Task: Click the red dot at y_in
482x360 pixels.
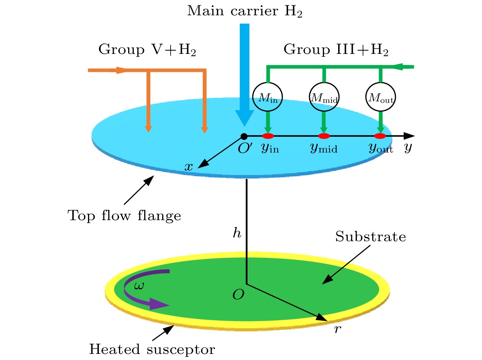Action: click(268, 136)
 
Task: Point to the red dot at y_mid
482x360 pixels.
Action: click(324, 136)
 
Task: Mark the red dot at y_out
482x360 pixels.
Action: click(380, 136)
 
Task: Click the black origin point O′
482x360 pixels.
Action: click(243, 136)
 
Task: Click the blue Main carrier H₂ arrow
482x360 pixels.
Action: click(244, 73)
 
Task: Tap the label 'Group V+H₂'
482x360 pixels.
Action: click(147, 50)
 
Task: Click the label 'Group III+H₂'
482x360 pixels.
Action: click(336, 50)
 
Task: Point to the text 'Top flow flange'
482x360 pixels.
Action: click(124, 216)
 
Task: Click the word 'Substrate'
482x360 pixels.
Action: click(370, 237)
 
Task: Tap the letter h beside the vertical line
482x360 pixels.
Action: click(238, 233)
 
